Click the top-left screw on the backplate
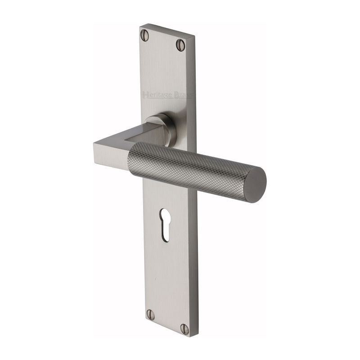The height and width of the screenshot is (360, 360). point(144,35)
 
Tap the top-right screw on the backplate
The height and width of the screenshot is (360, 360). point(180,45)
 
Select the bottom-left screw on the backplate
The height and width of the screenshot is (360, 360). point(150,315)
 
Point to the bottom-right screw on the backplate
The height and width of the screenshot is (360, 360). point(184,328)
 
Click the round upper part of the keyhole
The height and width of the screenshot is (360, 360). point(165,214)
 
